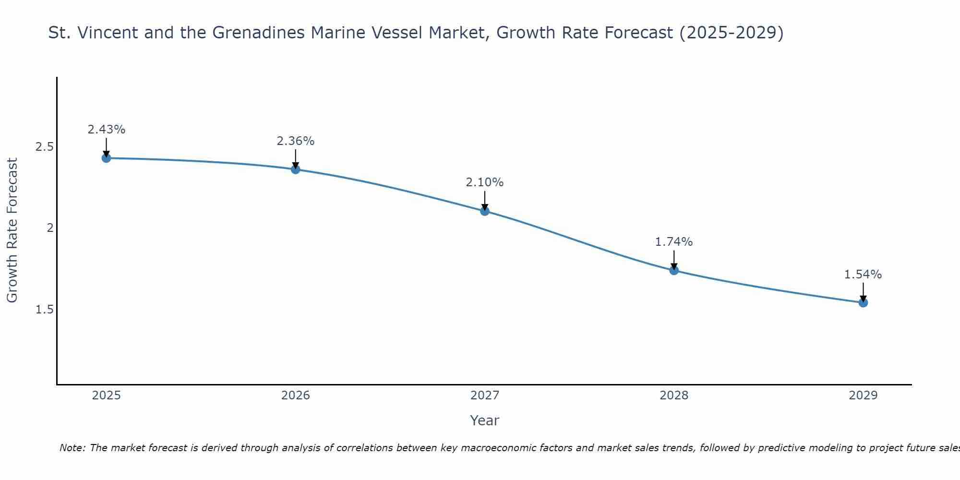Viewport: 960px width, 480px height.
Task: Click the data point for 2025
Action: tap(106, 158)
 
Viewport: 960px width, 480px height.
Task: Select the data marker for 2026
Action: tap(296, 169)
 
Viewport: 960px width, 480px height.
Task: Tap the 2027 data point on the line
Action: tap(485, 211)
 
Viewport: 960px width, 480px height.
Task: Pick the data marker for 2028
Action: tap(674, 270)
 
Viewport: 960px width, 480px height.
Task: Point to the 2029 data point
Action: tap(863, 302)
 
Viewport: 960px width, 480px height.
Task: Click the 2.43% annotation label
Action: tap(107, 130)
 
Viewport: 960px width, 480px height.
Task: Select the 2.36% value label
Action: tap(296, 141)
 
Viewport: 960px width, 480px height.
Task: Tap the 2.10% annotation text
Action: tap(485, 182)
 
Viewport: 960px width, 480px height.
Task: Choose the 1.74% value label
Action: tap(674, 242)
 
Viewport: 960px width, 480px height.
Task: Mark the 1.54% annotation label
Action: tap(863, 275)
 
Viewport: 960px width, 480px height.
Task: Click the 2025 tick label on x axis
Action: tap(107, 396)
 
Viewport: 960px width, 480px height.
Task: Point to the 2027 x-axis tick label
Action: tap(485, 396)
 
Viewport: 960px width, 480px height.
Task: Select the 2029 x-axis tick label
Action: tap(863, 396)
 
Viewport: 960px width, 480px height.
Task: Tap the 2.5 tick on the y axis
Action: tap(44, 147)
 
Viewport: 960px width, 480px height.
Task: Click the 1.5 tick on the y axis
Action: tap(44, 309)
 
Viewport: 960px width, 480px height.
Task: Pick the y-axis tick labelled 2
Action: tap(49, 228)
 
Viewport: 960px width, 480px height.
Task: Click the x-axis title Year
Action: tap(485, 420)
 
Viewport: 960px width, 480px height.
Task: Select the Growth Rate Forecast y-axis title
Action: tap(12, 230)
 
